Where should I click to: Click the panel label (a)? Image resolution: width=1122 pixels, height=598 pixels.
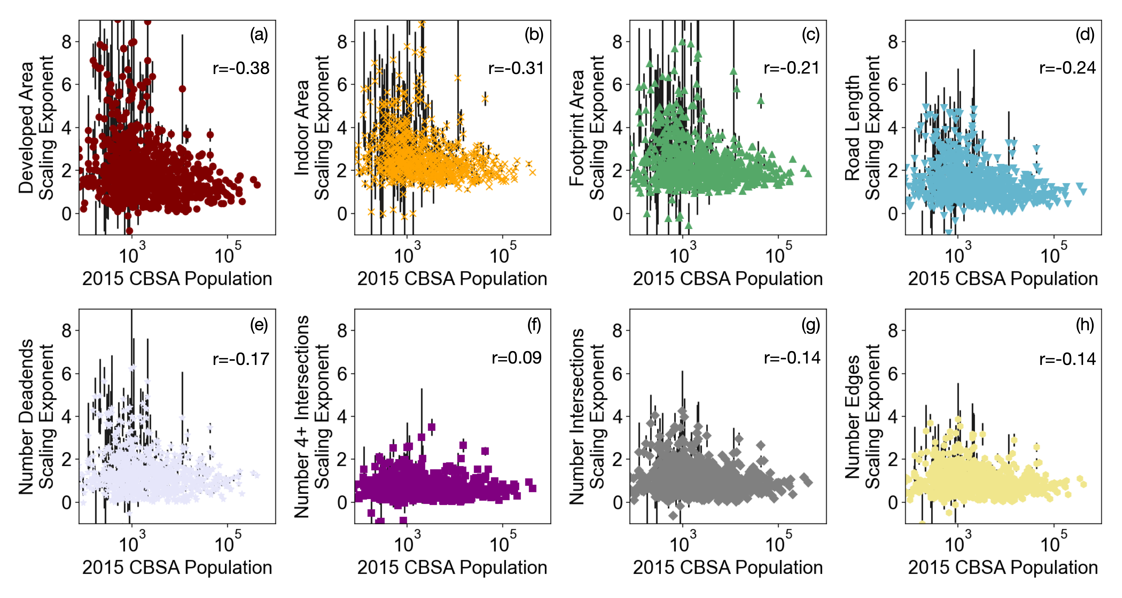point(259,35)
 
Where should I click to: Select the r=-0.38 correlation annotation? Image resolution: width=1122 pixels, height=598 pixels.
point(241,68)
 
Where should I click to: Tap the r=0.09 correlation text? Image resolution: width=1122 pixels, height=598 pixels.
point(517,358)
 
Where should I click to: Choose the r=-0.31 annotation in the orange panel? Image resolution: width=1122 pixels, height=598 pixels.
point(516,68)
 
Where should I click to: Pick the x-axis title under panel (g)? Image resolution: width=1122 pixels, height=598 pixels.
point(727,568)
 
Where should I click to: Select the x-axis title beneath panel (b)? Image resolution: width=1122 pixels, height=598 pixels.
point(452,279)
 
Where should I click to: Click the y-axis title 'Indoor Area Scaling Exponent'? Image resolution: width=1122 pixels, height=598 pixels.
point(312,127)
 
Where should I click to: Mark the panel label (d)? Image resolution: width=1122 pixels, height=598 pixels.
point(1084,35)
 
